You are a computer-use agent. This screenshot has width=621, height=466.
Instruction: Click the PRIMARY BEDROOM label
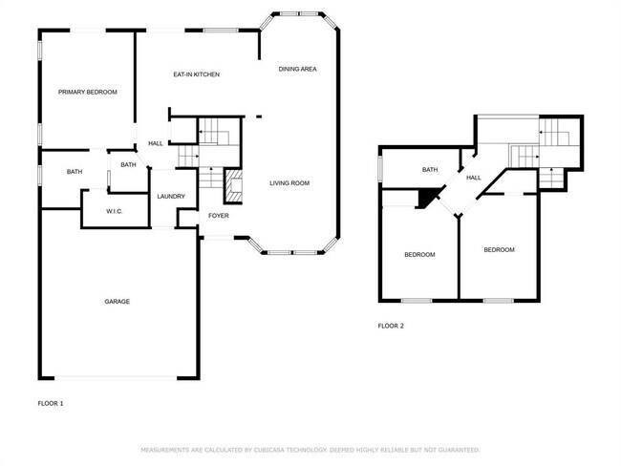pos(87,92)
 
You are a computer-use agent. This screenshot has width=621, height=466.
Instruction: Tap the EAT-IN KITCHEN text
pos(197,74)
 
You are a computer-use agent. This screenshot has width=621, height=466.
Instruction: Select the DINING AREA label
pos(297,69)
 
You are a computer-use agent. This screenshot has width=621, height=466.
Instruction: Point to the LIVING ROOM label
pos(289,183)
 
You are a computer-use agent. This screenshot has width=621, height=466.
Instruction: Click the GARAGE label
pos(117,302)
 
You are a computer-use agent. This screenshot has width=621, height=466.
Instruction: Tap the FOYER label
pos(218,216)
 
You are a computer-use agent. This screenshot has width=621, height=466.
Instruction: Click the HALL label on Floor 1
pos(155,144)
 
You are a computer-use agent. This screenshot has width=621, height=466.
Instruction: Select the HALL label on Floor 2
pos(473,178)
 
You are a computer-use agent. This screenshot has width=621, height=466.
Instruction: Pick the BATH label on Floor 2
pos(430,170)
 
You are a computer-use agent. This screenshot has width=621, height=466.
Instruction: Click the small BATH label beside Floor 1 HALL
pos(128,164)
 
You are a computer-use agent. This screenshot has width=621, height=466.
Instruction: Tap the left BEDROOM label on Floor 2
pos(419,254)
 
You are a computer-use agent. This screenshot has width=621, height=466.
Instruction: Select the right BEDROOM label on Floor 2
pos(499,250)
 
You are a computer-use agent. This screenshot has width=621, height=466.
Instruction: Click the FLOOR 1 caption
pos(50,404)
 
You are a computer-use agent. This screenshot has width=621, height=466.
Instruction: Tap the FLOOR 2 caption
pos(391,326)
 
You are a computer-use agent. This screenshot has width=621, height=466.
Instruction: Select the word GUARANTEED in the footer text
pos(457,449)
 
